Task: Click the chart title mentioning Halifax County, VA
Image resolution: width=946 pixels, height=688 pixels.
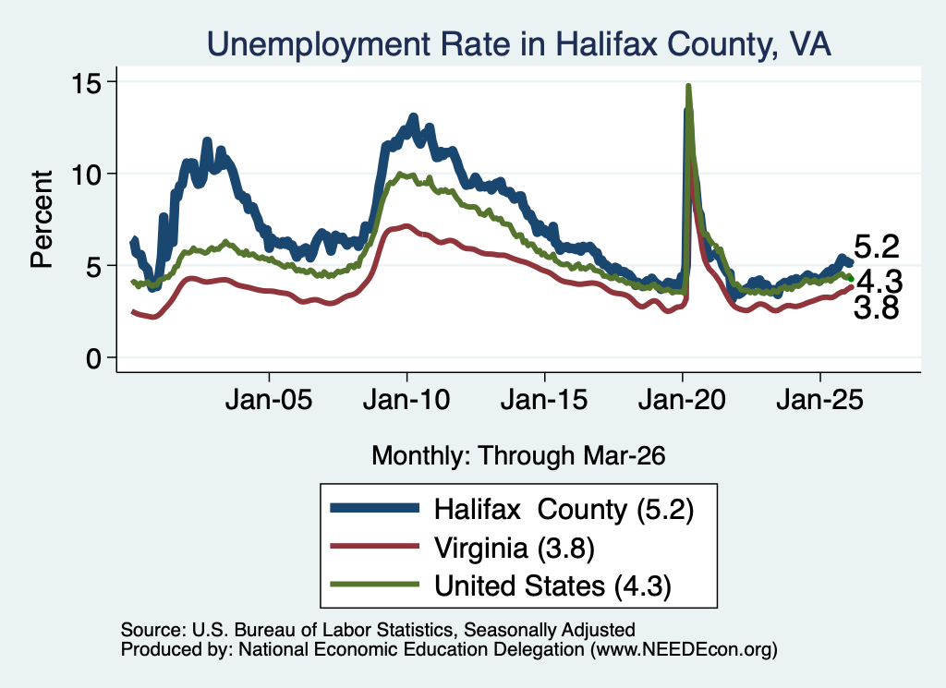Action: coord(519,43)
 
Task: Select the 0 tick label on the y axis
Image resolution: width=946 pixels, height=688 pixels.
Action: coord(93,358)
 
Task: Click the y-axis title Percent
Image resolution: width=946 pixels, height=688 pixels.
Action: coord(42,219)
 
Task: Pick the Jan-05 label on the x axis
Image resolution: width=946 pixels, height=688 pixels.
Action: coord(269,400)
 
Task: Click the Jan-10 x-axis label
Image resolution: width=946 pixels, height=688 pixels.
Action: coord(406,400)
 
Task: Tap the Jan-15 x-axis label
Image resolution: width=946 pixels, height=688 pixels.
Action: coord(544,400)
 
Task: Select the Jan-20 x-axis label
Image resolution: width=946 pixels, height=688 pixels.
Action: coord(682,400)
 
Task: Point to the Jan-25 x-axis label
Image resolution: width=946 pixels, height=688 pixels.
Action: coord(820,400)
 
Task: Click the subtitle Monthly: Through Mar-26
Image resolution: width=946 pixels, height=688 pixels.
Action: coord(519,456)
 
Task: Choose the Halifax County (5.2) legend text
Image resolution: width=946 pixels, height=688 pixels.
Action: coord(564,510)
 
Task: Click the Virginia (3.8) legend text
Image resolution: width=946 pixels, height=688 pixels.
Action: coord(515,549)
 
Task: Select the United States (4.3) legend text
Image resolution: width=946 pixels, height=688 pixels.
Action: coord(552,586)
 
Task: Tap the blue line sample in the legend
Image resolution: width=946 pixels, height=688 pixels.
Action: coord(375,509)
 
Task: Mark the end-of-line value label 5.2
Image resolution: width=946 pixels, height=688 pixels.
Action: coord(877,247)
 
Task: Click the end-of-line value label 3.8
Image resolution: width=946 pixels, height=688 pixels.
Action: coord(876,308)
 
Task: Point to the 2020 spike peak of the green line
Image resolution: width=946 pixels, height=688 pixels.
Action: coord(687,86)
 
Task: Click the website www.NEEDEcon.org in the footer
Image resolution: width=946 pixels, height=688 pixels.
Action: coord(684,649)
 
